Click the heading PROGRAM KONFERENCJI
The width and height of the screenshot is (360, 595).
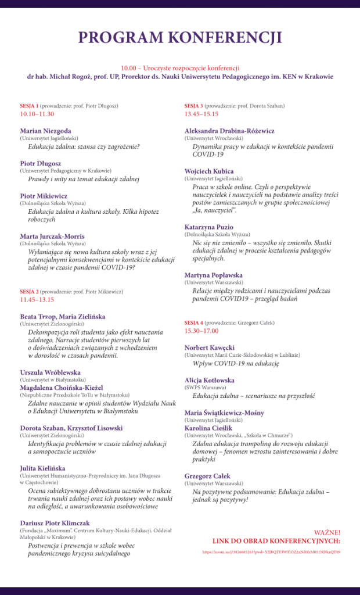tap(180, 38)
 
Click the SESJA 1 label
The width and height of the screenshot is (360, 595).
tap(29, 106)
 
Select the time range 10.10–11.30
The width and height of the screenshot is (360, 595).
tap(37, 114)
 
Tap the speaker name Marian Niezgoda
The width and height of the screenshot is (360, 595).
tap(46, 131)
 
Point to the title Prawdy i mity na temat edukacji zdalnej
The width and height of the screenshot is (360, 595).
tap(84, 180)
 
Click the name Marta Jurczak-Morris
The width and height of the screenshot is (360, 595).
tap(52, 236)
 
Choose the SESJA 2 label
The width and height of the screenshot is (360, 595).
tap(29, 291)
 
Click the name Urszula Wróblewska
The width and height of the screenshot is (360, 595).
tap(50, 372)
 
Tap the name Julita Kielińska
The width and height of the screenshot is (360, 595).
tap(42, 468)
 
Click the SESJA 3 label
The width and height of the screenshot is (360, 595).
tap(194, 106)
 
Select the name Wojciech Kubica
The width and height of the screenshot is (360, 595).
tap(209, 171)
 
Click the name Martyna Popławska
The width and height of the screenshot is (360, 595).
tap(214, 275)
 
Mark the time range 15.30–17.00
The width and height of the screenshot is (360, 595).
tap(201, 331)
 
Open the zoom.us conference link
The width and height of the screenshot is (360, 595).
tap(271, 551)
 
